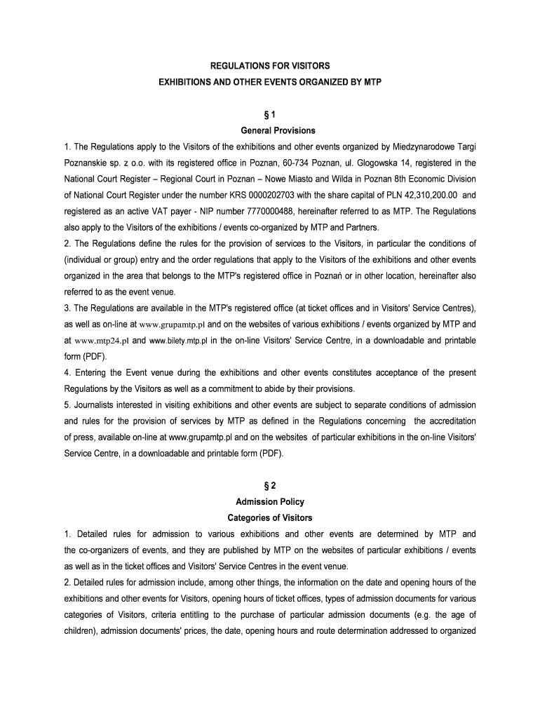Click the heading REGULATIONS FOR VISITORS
tap(270, 65)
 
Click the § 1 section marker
tap(270, 114)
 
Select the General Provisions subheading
tap(270, 130)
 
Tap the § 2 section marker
tap(270, 485)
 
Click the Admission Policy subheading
tap(270, 502)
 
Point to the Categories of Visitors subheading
tap(270, 518)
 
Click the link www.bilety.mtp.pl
tap(178, 341)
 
